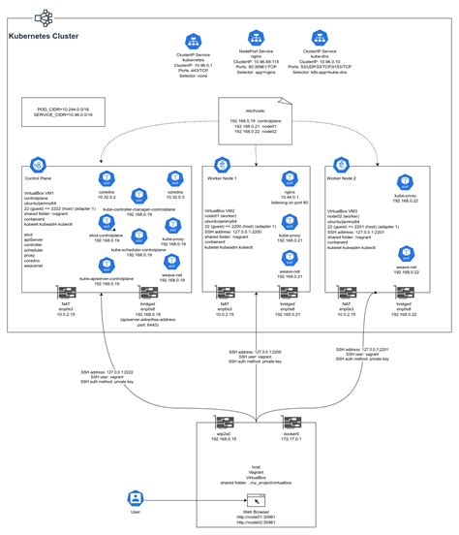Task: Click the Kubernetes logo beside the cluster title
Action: pyautogui.click(x=43, y=17)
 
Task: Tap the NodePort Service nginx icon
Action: pyautogui.click(x=257, y=41)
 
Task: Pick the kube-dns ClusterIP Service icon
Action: pyautogui.click(x=324, y=41)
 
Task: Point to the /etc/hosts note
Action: pyautogui.click(x=255, y=122)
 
